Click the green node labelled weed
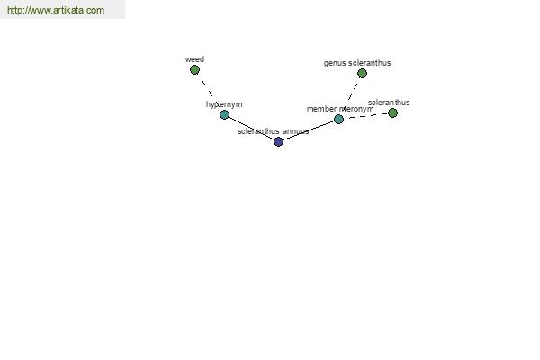[194, 70]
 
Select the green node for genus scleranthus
[362, 74]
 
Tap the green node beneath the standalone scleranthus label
[392, 113]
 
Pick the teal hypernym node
[224, 114]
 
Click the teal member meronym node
[339, 119]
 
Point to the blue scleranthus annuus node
[279, 141]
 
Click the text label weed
[194, 59]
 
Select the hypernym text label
[224, 104]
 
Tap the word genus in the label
[335, 63]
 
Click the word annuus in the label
[295, 131]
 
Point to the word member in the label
[321, 109]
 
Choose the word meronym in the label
[356, 109]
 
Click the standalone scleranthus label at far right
[389, 103]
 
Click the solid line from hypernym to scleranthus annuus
[251, 128]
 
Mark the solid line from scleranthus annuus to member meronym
[309, 130]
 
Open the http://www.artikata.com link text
[56, 10]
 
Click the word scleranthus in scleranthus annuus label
[258, 131]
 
